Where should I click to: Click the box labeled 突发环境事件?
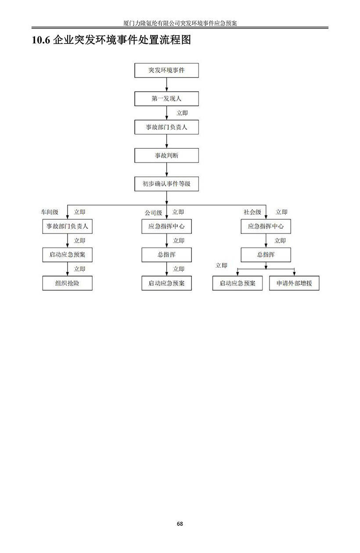[x=166, y=70]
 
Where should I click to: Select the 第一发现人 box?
[x=166, y=99]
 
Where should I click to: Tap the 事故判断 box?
[x=166, y=155]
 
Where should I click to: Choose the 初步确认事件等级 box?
[x=166, y=183]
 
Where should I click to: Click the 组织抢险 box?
[x=68, y=283]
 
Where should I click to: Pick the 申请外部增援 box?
[x=294, y=283]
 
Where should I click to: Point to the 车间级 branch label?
[x=50, y=212]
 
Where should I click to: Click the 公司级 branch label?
[x=153, y=212]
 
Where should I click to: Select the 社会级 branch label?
[x=252, y=212]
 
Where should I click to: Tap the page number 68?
[x=180, y=524]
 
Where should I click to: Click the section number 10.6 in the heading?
[x=41, y=40]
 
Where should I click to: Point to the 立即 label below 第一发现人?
[x=182, y=113]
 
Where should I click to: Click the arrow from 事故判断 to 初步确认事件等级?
[x=167, y=169]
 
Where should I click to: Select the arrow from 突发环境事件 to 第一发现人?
[x=167, y=85]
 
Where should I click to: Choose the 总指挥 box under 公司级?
[x=166, y=255]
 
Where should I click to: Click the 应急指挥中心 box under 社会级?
[x=266, y=226]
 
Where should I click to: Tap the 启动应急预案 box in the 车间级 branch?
[x=68, y=255]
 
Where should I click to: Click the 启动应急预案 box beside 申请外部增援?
[x=237, y=283]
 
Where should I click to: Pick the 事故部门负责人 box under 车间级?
[x=68, y=226]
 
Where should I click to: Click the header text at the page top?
[x=180, y=23]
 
